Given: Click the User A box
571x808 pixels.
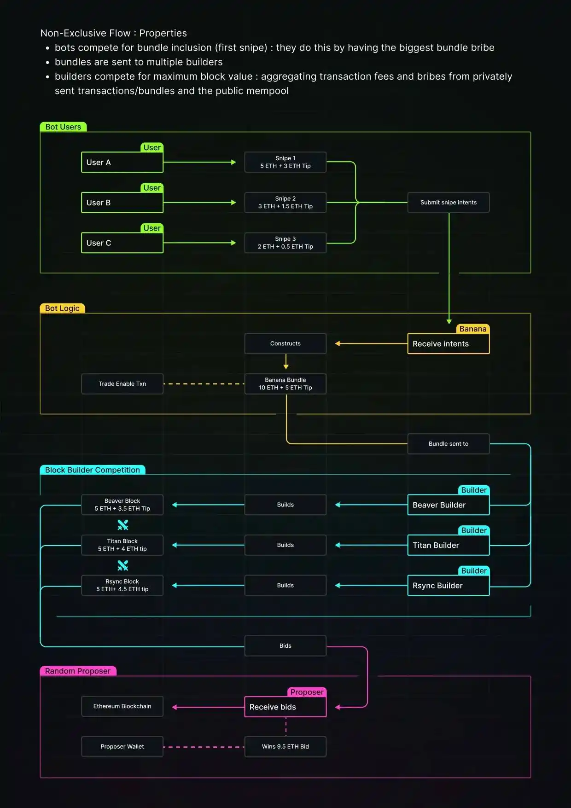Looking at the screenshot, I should click(122, 162).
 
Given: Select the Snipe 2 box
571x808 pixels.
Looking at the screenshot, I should click(285, 203).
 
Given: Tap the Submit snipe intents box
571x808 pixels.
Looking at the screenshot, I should click(448, 203).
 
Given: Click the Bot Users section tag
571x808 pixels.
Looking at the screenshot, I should click(63, 127).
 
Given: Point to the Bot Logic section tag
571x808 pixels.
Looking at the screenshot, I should click(62, 308).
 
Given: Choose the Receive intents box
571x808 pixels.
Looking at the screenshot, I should click(448, 344).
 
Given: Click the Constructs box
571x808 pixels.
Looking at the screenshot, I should click(285, 343).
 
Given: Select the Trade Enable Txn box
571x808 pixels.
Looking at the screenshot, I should click(122, 384).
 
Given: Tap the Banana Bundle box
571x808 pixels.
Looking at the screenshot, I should click(285, 384).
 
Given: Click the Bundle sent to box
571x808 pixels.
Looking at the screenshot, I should click(448, 444).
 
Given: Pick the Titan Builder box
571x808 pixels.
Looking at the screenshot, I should click(448, 545).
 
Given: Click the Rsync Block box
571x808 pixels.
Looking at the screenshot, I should click(122, 585).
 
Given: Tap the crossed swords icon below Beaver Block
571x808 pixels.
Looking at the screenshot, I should click(122, 525).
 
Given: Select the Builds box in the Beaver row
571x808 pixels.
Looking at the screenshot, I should click(285, 505).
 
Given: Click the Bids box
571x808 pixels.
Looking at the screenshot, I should click(285, 646).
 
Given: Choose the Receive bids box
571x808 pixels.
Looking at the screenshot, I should click(285, 707).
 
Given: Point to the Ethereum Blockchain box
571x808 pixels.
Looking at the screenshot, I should click(122, 706).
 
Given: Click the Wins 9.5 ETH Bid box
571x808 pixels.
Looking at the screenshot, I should click(285, 747).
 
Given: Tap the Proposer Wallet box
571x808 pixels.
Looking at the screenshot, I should click(122, 747).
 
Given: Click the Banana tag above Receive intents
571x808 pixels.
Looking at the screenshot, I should click(473, 329).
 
